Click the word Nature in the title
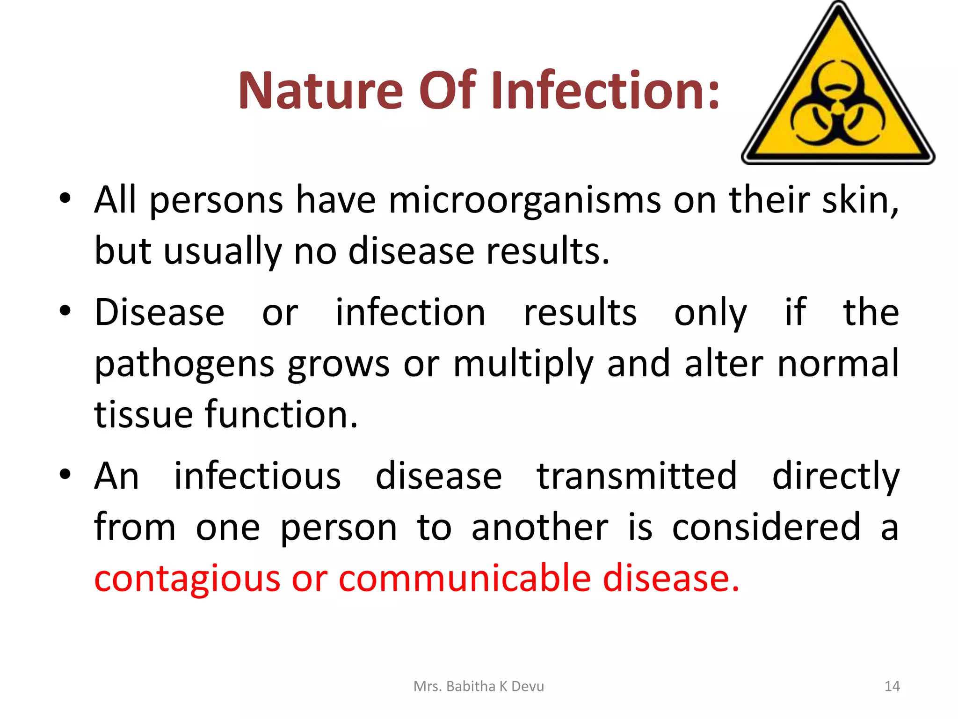[320, 90]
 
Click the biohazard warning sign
[838, 94]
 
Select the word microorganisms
[524, 200]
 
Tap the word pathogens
[184, 364]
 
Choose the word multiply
[523, 364]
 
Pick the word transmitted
[637, 476]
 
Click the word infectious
[257, 476]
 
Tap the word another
[540, 528]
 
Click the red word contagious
[187, 579]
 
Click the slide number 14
[892, 686]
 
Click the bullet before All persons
[65, 198]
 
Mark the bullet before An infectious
[65, 474]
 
